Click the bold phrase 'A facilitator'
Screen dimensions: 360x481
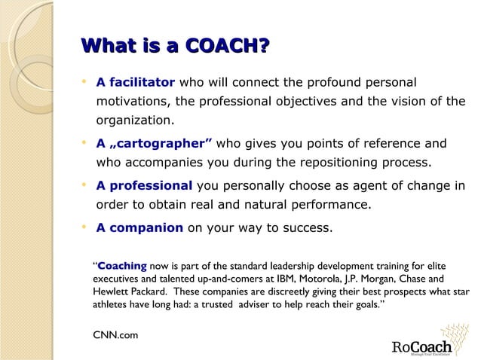(x=136, y=82)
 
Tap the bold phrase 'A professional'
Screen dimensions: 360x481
(x=144, y=186)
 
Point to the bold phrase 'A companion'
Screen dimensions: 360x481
(x=139, y=228)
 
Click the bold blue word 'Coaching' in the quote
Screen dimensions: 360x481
(x=122, y=266)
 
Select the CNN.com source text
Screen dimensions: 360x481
(x=115, y=334)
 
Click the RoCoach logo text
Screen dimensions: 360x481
(x=421, y=347)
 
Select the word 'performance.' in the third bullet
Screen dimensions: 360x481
(x=332, y=204)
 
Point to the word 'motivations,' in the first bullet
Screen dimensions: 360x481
(x=133, y=101)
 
